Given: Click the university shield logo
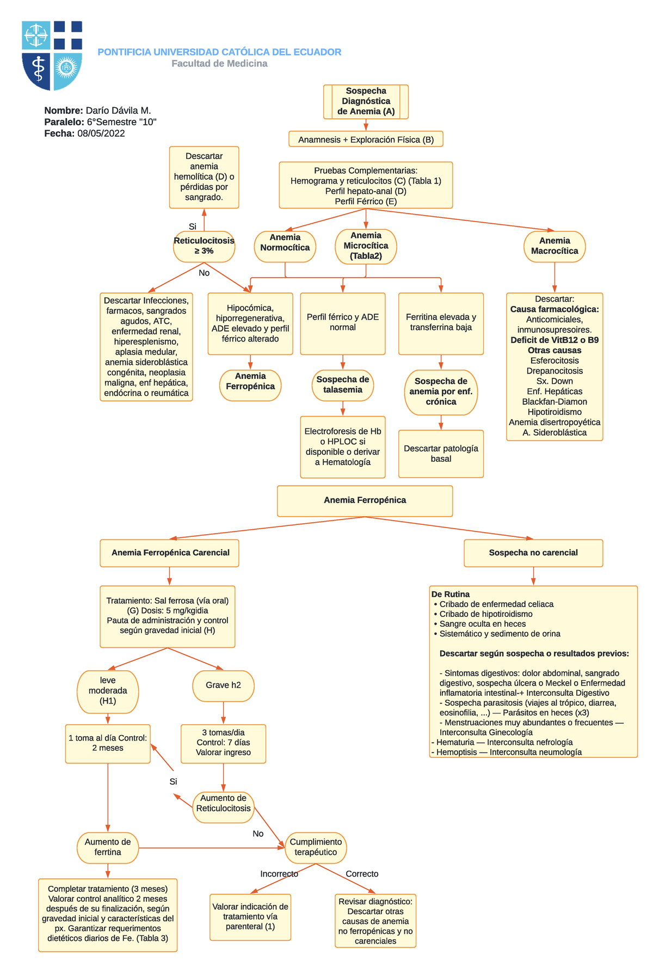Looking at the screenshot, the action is coord(52,56).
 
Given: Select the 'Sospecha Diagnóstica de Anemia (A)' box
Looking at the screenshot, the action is coord(366,101).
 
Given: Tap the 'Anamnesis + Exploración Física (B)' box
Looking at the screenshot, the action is coord(366,139).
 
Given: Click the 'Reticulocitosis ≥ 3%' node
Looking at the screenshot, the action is coord(204,246).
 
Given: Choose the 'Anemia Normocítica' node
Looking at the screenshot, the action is coord(285,246).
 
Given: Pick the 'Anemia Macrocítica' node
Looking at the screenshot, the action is coord(555,246).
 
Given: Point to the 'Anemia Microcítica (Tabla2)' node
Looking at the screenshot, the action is coord(366,246).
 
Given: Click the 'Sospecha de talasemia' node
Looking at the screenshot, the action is coord(343,385).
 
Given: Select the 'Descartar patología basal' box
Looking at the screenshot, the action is coord(441,454).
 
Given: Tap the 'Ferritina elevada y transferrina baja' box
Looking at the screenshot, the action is coord(441,323).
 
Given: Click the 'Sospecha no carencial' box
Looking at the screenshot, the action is coord(533,553).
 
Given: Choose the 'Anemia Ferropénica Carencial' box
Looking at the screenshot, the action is coord(169,553).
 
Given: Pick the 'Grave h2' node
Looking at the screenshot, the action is coord(223,686).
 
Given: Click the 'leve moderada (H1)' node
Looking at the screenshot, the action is coord(108,691).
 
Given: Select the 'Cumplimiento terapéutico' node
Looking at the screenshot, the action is coord(316,847).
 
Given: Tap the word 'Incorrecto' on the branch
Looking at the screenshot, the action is coord(279,873).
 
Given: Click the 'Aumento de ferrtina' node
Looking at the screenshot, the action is coord(108,847).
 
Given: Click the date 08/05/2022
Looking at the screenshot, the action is coord(101,133).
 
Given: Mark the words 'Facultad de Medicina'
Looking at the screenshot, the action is coord(219,64).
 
